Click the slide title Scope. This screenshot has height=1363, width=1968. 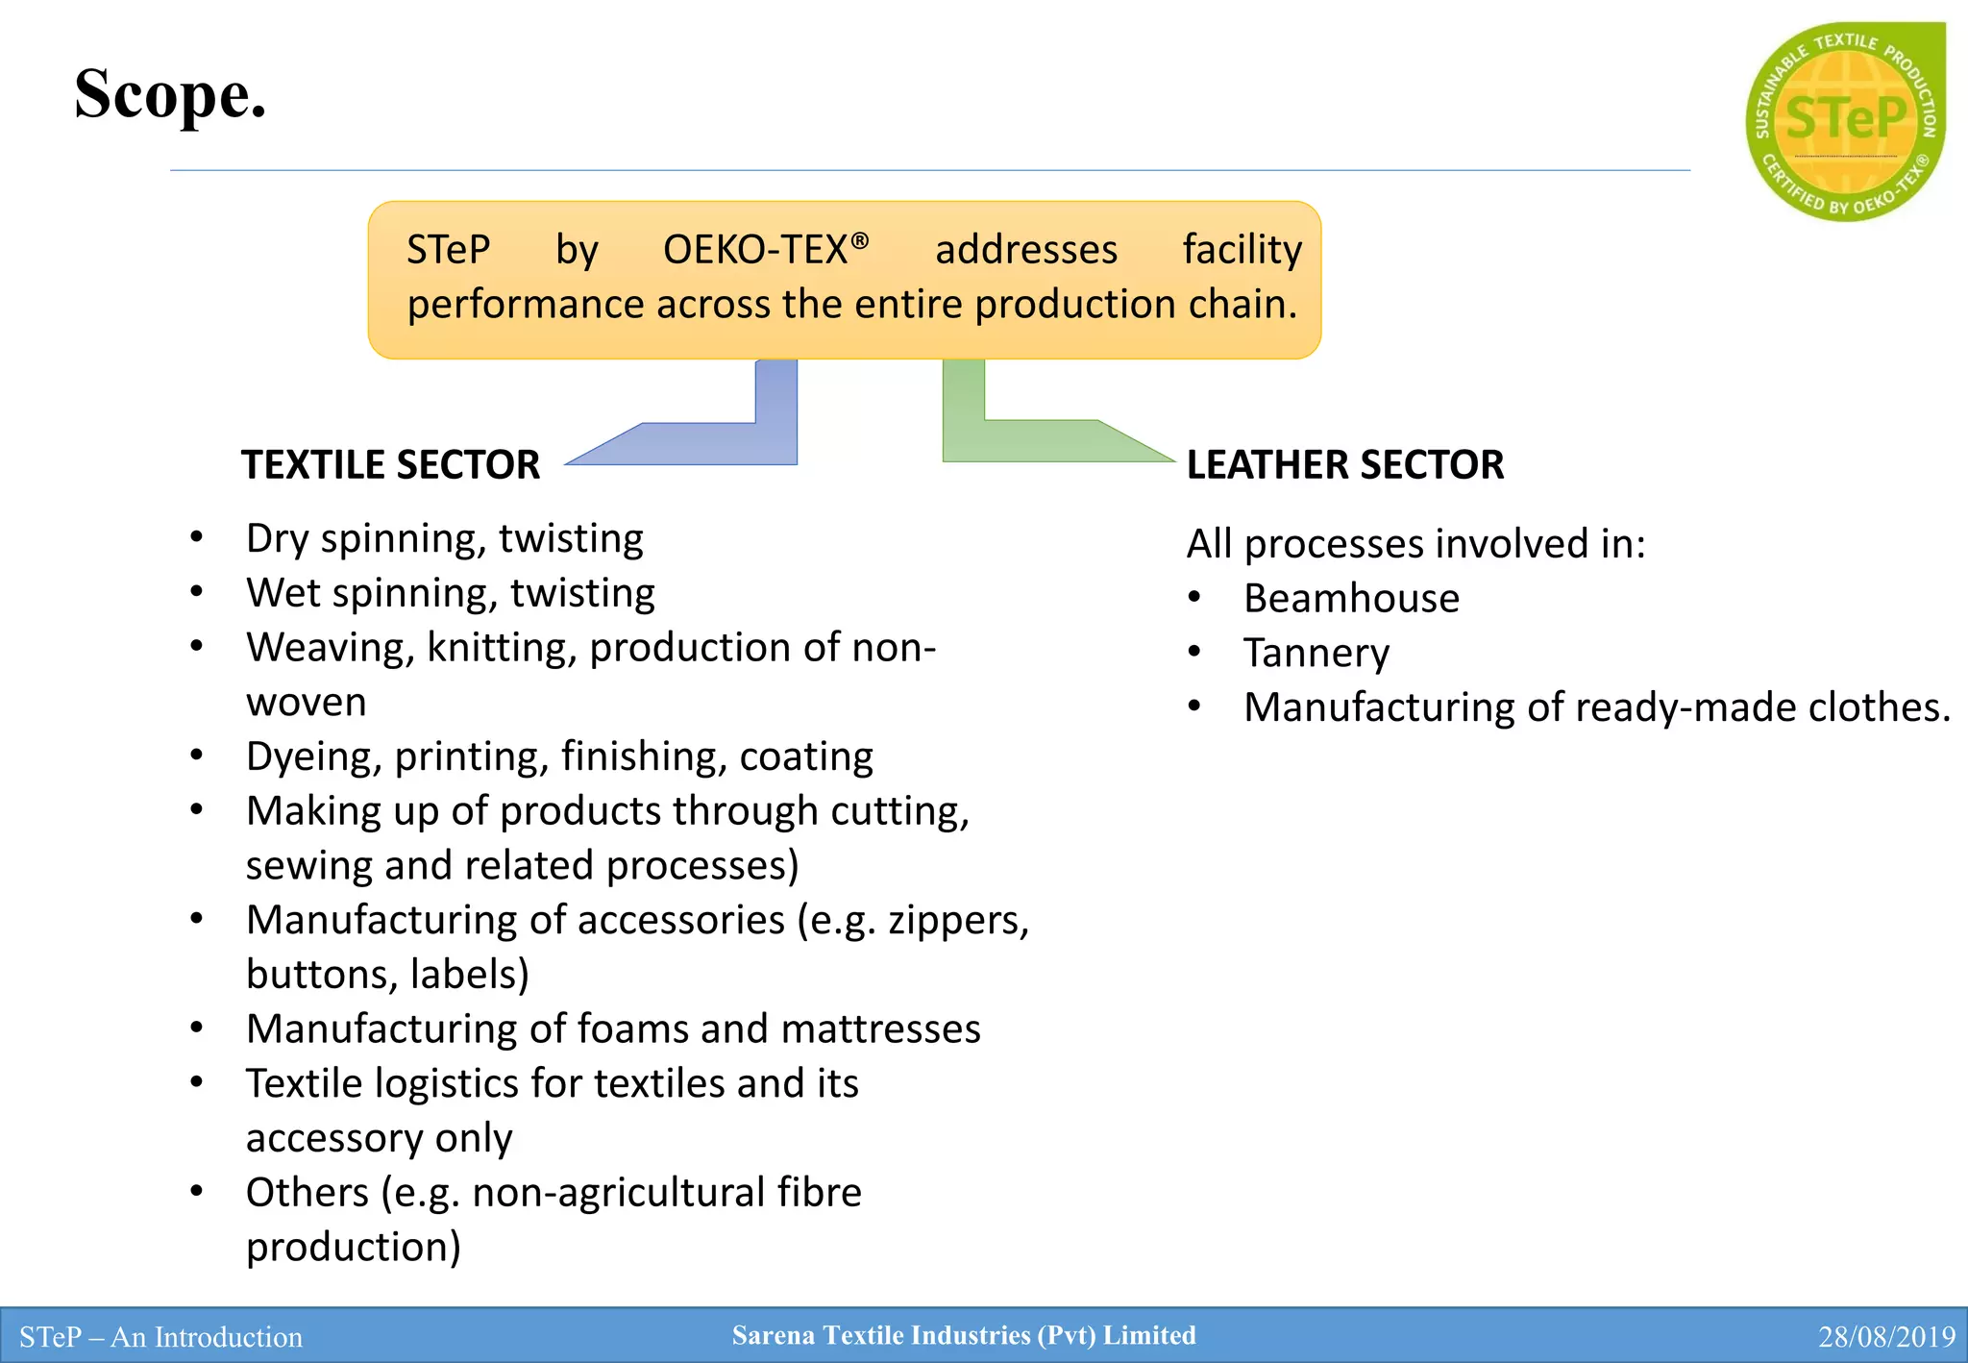point(170,95)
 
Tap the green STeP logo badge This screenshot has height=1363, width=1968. point(1845,122)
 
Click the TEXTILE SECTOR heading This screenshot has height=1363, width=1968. point(390,465)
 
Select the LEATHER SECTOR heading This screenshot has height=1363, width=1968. point(1344,465)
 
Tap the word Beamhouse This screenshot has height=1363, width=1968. point(1351,599)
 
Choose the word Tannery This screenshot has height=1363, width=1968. point(1316,654)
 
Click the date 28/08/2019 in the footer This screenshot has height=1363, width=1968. point(1885,1337)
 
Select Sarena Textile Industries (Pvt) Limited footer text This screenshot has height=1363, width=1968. point(964,1335)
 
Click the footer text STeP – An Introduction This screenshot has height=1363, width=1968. point(160,1337)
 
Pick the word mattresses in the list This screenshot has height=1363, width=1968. point(880,1029)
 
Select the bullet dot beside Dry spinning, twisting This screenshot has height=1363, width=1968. point(197,537)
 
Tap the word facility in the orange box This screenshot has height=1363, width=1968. point(1242,250)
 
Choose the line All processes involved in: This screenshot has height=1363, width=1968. point(1415,544)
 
